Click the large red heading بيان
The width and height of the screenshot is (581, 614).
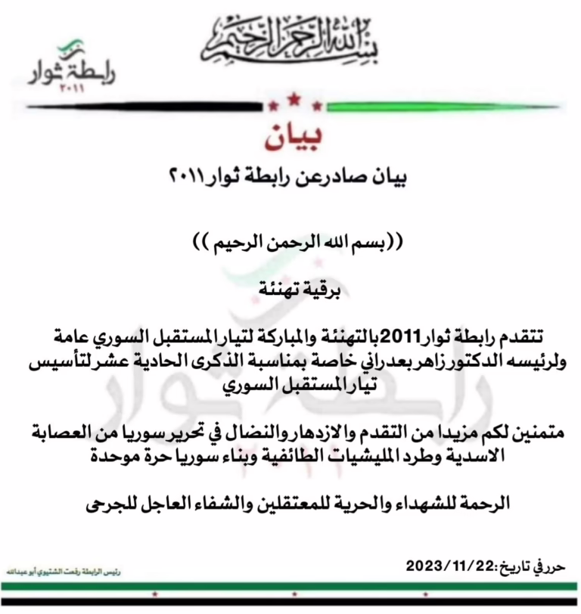[x=291, y=137]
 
